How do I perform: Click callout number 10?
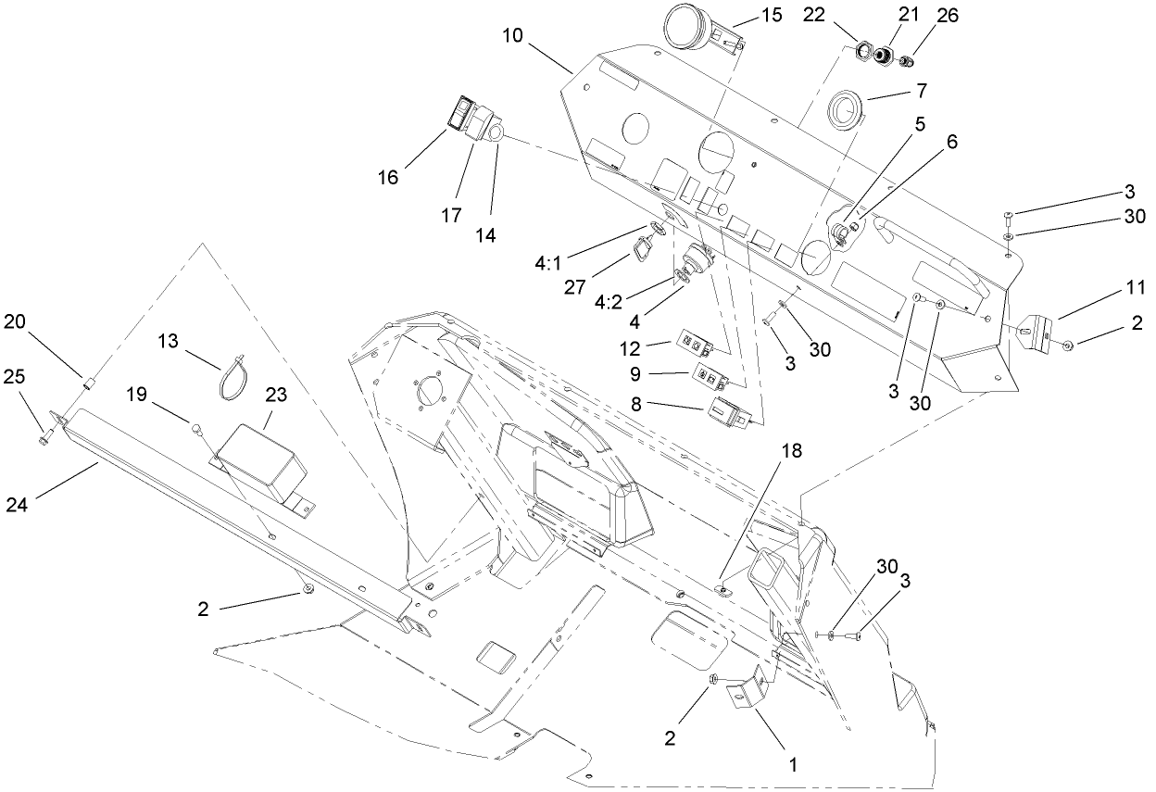[x=512, y=36]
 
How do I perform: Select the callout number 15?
[x=771, y=15]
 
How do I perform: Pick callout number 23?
[x=276, y=394]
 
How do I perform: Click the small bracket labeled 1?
[x=752, y=690]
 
